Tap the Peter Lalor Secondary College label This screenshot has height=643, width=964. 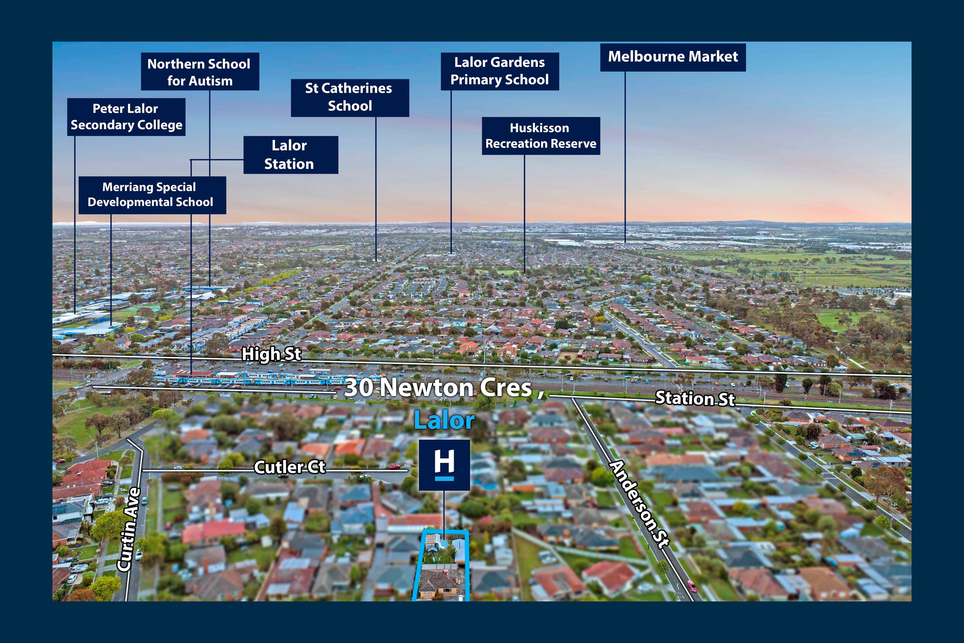[126, 117]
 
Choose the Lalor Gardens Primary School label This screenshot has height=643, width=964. [500, 71]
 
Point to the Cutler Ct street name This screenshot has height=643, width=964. [290, 467]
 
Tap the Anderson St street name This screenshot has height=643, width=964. [640, 504]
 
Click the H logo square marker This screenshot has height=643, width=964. [444, 465]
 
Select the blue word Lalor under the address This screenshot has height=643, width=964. [444, 421]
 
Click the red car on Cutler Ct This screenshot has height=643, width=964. [395, 466]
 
